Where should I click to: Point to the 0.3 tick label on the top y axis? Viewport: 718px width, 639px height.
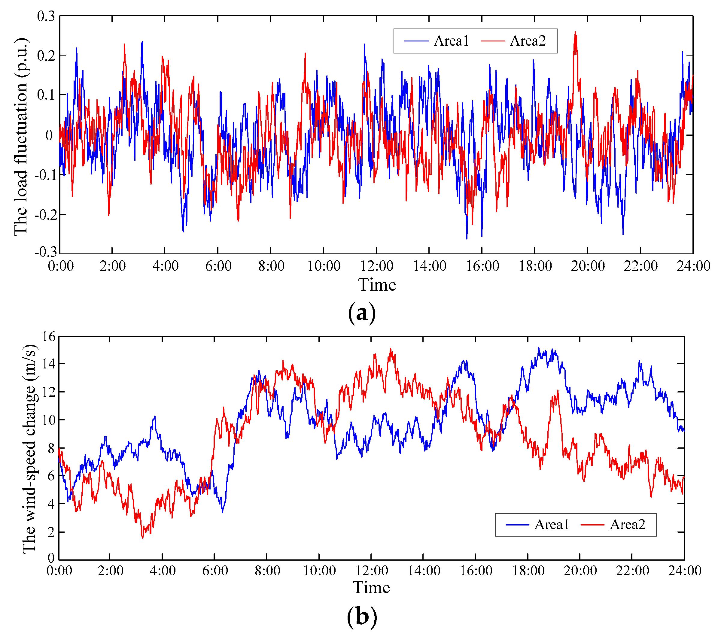[x=46, y=16]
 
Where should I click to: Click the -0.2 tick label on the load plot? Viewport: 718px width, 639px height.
[x=44, y=214]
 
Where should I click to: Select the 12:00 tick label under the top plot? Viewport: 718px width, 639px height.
[x=376, y=266]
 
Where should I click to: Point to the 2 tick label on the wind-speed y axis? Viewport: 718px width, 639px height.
[x=51, y=532]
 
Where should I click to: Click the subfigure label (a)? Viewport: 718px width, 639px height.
[x=362, y=313]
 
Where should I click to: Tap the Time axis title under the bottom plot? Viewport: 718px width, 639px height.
[x=371, y=588]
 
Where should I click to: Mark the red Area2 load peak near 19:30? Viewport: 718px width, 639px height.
[x=575, y=33]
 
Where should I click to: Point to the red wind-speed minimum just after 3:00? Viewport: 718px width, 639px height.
[x=143, y=538]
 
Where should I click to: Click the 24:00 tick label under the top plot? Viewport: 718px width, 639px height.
[x=693, y=266]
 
